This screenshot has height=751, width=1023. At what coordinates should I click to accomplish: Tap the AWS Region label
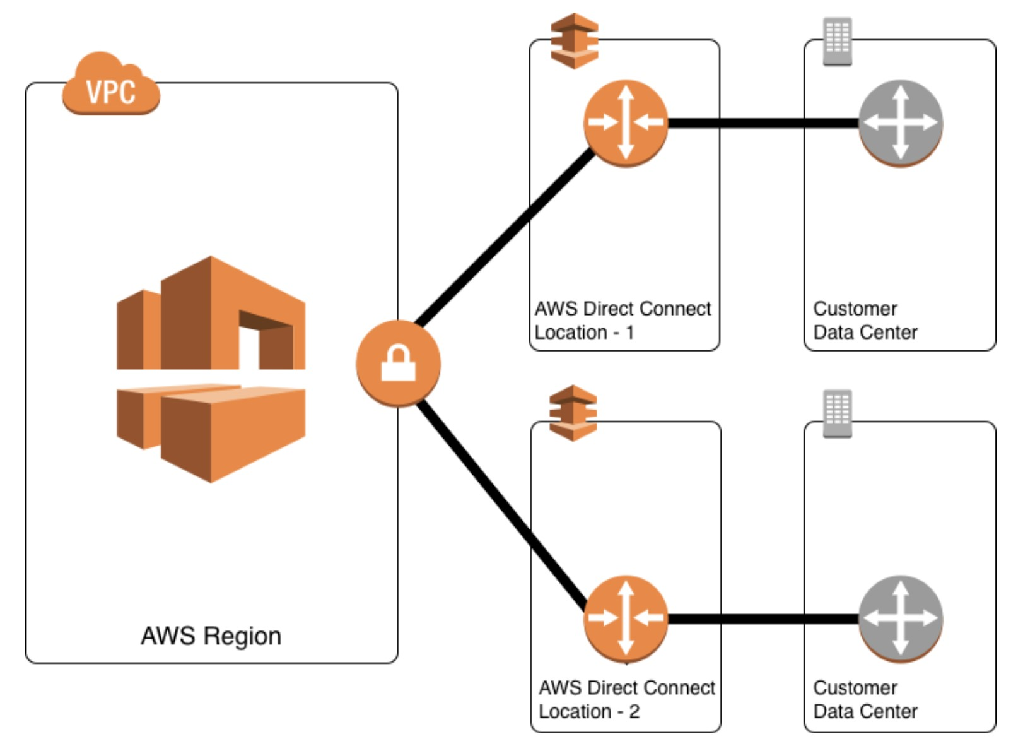pyautogui.click(x=211, y=636)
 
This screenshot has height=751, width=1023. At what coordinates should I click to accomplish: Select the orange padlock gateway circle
pyautogui.click(x=398, y=364)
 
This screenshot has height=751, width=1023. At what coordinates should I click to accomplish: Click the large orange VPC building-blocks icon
pyautogui.click(x=211, y=369)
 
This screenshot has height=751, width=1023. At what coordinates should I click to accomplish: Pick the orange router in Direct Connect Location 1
pyautogui.click(x=625, y=123)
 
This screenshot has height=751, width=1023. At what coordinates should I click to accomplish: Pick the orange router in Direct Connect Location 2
pyautogui.click(x=625, y=618)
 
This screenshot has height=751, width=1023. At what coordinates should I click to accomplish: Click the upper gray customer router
pyautogui.click(x=900, y=123)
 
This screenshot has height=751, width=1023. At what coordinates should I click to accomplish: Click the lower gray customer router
pyautogui.click(x=900, y=618)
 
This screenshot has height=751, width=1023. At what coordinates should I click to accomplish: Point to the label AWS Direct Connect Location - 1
pyautogui.click(x=622, y=321)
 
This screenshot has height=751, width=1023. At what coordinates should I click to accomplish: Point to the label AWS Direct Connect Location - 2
pyautogui.click(x=626, y=699)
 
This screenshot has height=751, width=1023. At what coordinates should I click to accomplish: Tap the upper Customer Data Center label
pyautogui.click(x=865, y=321)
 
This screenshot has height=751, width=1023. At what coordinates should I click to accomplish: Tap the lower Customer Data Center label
pyautogui.click(x=865, y=699)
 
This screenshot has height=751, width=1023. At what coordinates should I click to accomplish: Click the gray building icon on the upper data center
pyautogui.click(x=838, y=42)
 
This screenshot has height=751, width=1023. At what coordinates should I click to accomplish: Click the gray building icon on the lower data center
pyautogui.click(x=838, y=413)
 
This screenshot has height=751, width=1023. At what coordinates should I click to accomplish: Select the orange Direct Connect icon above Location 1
pyautogui.click(x=574, y=41)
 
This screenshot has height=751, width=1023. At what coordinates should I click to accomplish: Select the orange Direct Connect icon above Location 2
pyautogui.click(x=573, y=413)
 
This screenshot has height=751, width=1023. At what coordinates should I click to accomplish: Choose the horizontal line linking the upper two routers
pyautogui.click(x=763, y=123)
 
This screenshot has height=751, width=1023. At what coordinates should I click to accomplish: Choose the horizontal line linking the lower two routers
pyautogui.click(x=763, y=619)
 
